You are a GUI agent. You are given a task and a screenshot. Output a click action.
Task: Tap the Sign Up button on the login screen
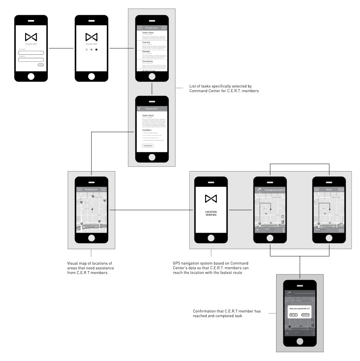(x=41, y=65)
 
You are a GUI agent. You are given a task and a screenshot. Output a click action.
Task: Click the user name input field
(x=31, y=53)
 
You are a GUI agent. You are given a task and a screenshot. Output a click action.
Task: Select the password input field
(x=31, y=60)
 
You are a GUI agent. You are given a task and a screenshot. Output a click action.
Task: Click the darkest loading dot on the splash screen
(x=96, y=49)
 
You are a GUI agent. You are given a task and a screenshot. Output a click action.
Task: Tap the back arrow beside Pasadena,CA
(x=139, y=109)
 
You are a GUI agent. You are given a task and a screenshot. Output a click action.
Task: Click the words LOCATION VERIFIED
(x=211, y=215)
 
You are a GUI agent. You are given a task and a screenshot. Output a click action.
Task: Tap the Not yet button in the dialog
(x=293, y=315)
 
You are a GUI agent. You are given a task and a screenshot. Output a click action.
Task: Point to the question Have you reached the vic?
(x=300, y=309)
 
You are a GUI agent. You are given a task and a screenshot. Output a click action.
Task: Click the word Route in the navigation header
(x=329, y=189)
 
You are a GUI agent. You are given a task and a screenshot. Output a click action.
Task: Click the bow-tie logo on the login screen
(x=31, y=37)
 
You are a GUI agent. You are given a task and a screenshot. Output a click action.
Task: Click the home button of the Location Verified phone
(x=211, y=238)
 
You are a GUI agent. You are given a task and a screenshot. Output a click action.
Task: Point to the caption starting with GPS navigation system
(x=211, y=268)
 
